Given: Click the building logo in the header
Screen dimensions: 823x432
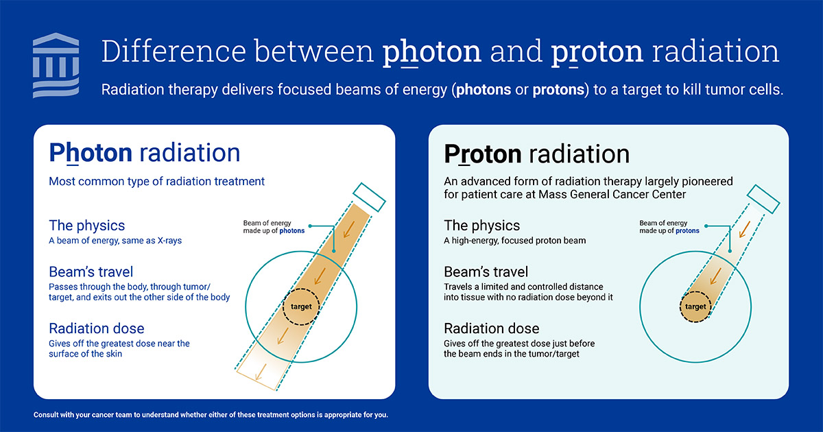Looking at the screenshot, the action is click(56, 65).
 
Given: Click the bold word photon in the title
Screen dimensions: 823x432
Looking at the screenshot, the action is click(431, 52).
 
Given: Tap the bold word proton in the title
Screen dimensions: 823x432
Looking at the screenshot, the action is click(597, 52).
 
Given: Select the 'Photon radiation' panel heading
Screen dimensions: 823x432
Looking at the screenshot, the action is click(145, 153).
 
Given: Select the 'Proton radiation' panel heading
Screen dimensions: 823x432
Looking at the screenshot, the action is click(537, 154).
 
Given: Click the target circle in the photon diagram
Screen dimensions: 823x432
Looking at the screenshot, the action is click(301, 307).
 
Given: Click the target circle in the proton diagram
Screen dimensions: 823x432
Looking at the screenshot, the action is click(695, 307).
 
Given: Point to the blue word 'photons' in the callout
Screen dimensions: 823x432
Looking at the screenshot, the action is click(292, 230).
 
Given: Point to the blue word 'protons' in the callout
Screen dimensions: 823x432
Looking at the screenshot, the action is click(687, 230).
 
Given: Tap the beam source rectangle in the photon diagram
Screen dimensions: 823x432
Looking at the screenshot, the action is click(369, 197).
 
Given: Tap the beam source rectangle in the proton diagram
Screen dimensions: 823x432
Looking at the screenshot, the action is click(763, 199).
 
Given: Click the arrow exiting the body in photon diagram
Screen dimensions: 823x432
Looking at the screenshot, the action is click(261, 372).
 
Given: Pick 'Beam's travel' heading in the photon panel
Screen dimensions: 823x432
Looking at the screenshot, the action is click(91, 272).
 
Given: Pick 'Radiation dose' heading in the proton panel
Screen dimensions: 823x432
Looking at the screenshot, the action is click(492, 328).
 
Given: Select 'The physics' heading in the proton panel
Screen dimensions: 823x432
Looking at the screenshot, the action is click(481, 226).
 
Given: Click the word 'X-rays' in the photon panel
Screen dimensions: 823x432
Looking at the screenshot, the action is click(170, 241).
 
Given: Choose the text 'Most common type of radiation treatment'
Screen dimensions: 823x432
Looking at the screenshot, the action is click(156, 181).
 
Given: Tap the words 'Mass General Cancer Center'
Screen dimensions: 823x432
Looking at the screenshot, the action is click(612, 194).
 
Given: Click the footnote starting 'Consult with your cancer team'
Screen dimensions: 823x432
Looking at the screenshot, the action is click(211, 415).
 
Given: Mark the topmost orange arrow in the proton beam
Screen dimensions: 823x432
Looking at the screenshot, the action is click(744, 229).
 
